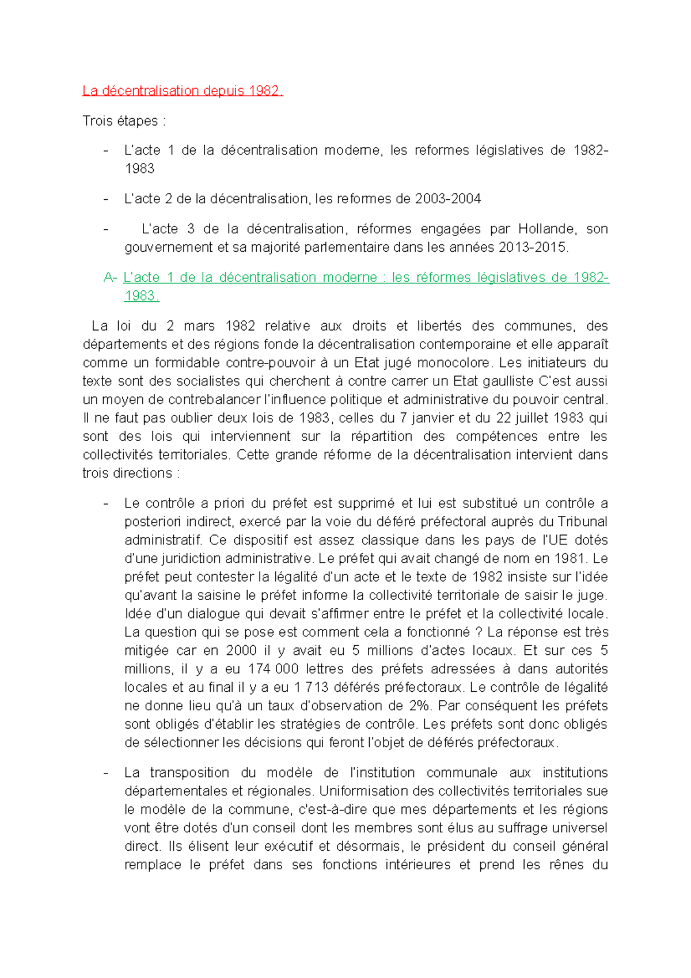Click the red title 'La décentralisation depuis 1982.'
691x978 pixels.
pyautogui.click(x=183, y=91)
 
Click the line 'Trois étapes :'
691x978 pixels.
pyautogui.click(x=124, y=121)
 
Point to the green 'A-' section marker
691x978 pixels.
pyautogui.click(x=110, y=278)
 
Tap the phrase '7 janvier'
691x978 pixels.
pyautogui.click(x=422, y=418)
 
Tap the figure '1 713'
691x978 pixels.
pyautogui.click(x=311, y=688)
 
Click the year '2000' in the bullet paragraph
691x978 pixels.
pyautogui.click(x=241, y=651)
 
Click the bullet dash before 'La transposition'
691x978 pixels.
pyautogui.click(x=105, y=773)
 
